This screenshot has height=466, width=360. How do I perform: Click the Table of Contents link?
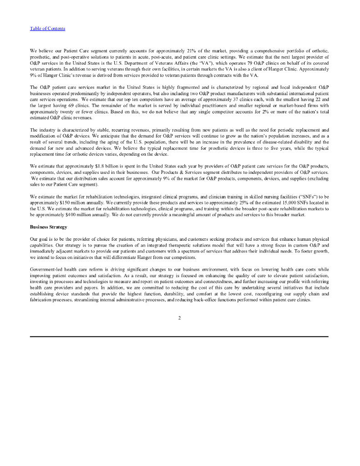(47, 29)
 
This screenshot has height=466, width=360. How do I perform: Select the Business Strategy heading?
(48, 226)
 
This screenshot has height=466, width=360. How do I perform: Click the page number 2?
(180, 317)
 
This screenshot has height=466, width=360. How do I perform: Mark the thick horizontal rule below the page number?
(179, 336)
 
